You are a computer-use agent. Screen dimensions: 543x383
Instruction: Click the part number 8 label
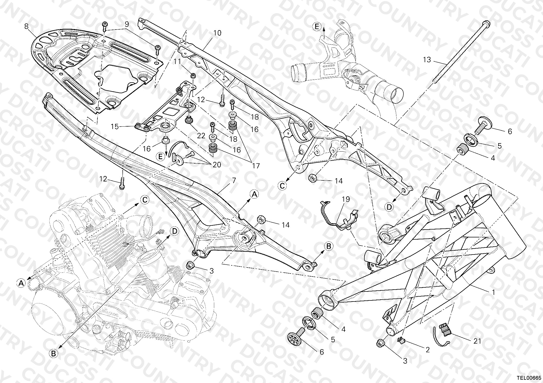click(26, 26)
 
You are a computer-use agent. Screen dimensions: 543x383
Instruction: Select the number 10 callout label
click(217, 33)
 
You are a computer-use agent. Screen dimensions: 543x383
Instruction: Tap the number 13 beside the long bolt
click(427, 59)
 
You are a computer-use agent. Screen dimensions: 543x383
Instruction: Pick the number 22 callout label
click(201, 136)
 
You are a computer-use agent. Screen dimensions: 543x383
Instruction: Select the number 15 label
click(115, 127)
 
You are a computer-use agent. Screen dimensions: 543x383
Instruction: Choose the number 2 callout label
click(428, 350)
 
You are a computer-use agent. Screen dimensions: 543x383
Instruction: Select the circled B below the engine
click(53, 353)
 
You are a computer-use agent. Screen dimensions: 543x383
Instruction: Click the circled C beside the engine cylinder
click(145, 200)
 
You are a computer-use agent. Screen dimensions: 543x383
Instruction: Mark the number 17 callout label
click(255, 166)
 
